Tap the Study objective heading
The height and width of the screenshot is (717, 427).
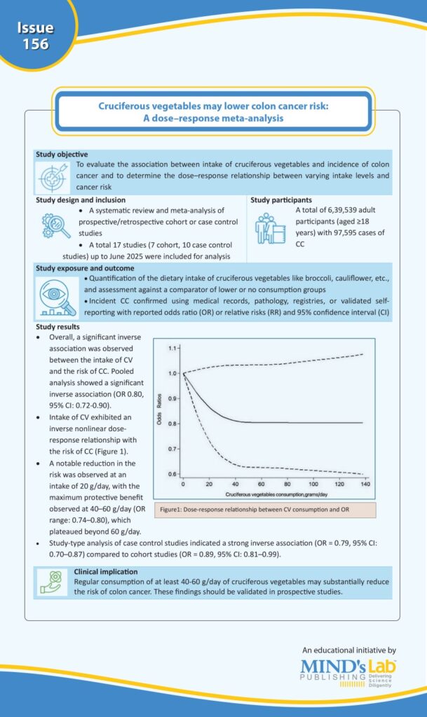tap(62, 154)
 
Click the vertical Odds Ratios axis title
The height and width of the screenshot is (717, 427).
tap(160, 412)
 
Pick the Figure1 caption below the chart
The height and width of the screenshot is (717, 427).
tap(255, 509)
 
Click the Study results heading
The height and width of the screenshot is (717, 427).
tap(57, 326)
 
